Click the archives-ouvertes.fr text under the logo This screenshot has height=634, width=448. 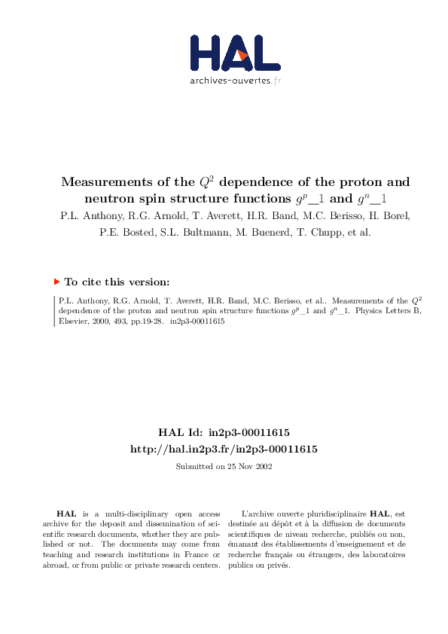point(235,81)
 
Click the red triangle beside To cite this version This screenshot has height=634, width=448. point(56,282)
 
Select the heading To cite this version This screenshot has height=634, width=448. point(117,282)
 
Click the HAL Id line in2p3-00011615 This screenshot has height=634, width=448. point(224,433)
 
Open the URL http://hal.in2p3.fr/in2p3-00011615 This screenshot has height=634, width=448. point(224,449)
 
